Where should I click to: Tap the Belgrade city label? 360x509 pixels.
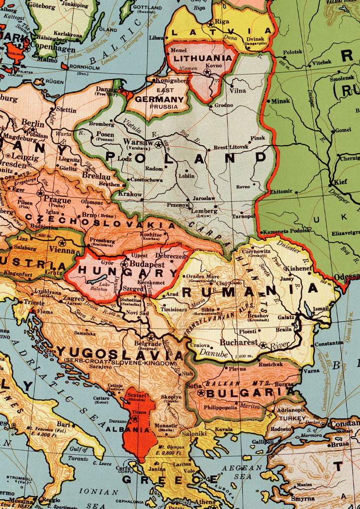(x=148, y=343)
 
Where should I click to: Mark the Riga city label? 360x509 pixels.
(x=222, y=21)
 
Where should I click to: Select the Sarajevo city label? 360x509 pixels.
(x=100, y=367)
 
